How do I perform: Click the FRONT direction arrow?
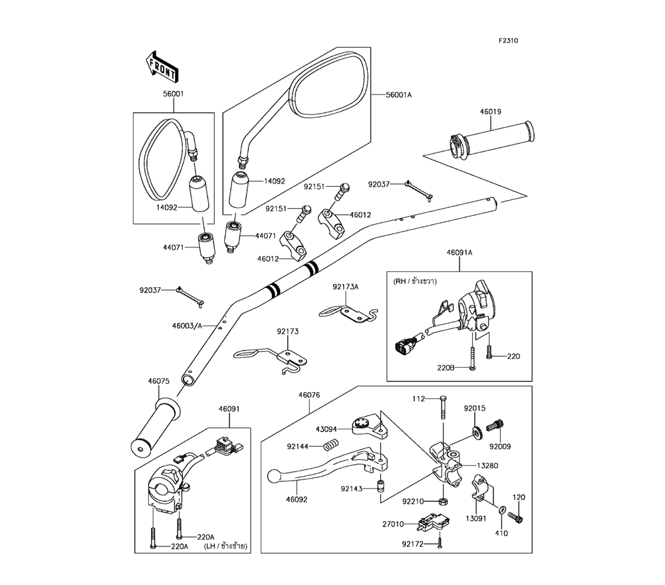[160, 66]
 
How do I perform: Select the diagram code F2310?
[509, 41]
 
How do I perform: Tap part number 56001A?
[400, 95]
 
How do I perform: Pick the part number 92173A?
[346, 287]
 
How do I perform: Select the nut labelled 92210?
[442, 500]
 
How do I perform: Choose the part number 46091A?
[459, 252]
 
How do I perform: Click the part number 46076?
[309, 395]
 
